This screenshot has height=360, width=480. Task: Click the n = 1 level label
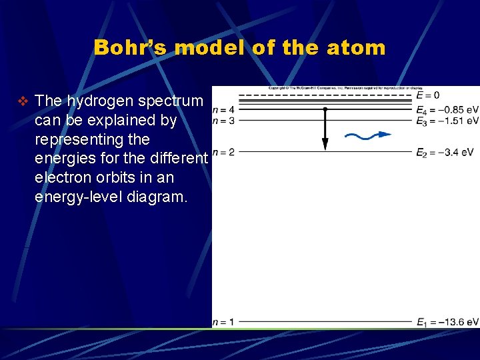pyautogui.click(x=223, y=322)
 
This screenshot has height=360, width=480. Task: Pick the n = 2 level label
pyautogui.click(x=223, y=152)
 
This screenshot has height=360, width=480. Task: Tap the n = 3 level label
pyautogui.click(x=223, y=121)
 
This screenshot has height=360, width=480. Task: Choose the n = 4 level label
pyautogui.click(x=223, y=109)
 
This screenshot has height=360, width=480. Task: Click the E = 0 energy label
pyautogui.click(x=427, y=95)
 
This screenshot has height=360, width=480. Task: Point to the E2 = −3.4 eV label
pyautogui.click(x=444, y=153)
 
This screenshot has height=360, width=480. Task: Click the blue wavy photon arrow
pyautogui.click(x=367, y=136)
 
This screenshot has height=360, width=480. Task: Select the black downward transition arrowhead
pyautogui.click(x=325, y=144)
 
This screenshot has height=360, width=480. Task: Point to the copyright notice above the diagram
pyautogui.click(x=345, y=88)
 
